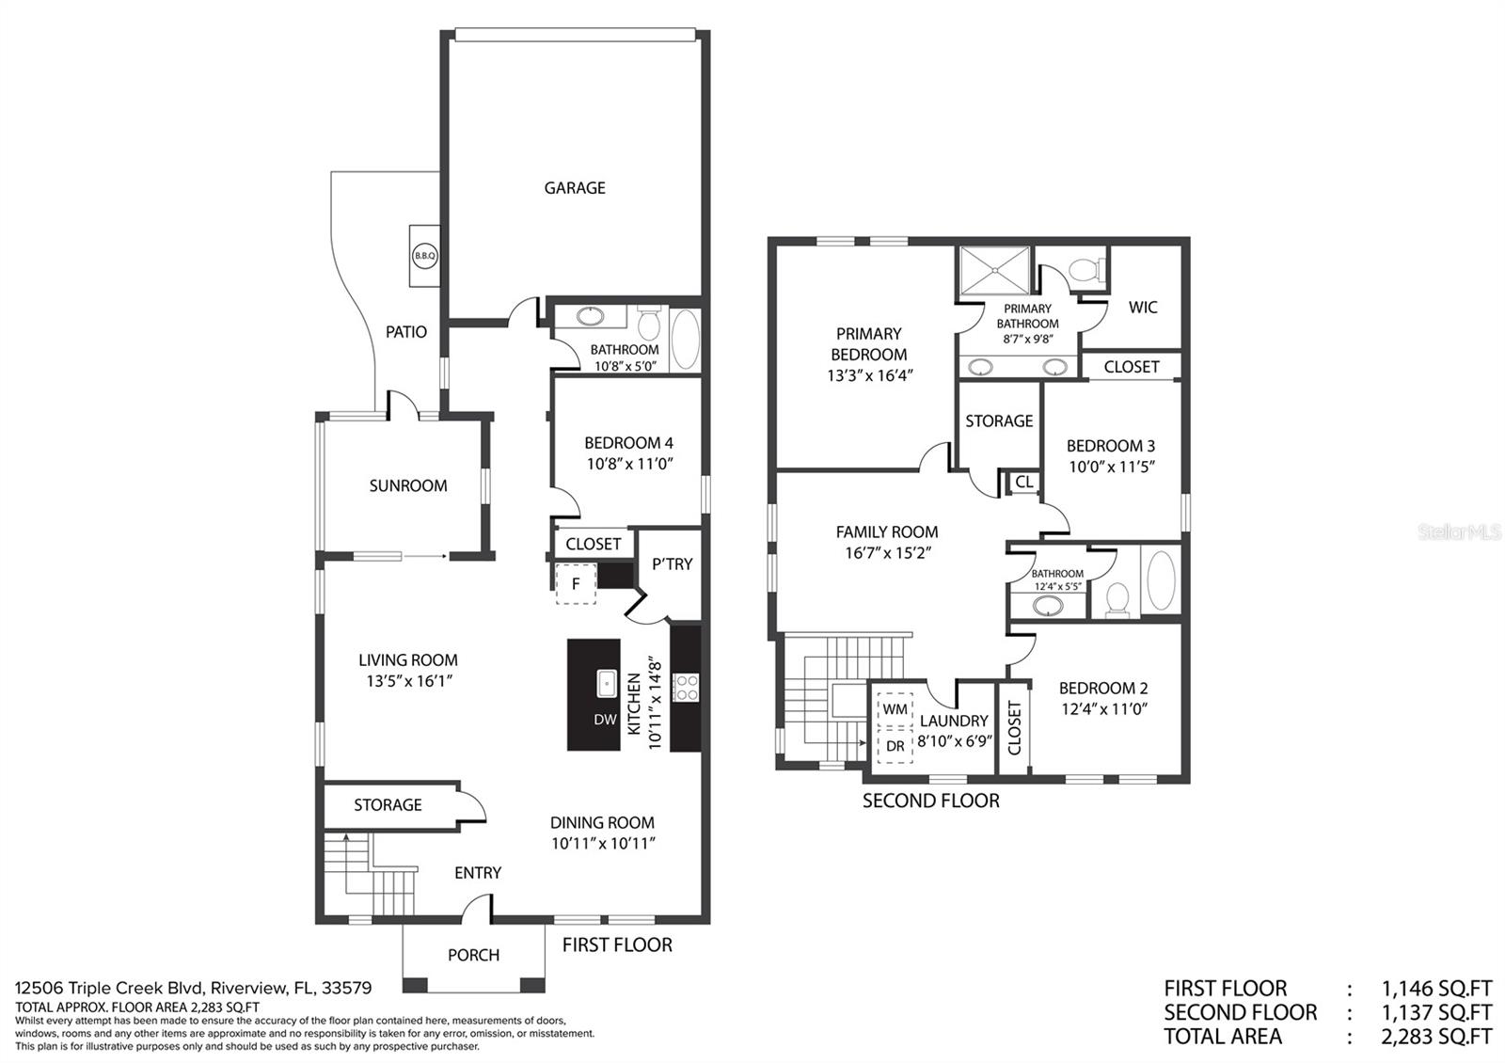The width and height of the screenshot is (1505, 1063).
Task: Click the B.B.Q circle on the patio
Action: tap(424, 255)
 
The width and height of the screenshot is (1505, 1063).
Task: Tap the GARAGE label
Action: tap(575, 188)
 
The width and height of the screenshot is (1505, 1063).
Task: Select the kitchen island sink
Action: tap(607, 683)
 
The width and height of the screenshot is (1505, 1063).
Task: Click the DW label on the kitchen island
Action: tap(606, 720)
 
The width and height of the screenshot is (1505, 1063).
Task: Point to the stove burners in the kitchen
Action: tap(686, 688)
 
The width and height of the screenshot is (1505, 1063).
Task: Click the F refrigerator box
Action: tap(576, 584)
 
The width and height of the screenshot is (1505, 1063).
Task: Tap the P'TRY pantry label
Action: tap(672, 563)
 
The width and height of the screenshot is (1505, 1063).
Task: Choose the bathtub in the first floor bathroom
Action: tap(686, 340)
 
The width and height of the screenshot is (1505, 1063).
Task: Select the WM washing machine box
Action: tap(895, 709)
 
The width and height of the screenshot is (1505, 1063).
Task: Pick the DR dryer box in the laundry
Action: tap(895, 746)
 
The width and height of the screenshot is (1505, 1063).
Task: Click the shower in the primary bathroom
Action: tap(994, 270)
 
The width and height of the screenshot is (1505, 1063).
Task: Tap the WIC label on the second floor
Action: tap(1143, 307)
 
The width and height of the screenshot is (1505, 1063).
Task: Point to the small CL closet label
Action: tap(1024, 482)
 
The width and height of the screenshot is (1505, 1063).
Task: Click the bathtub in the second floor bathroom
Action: tap(1161, 579)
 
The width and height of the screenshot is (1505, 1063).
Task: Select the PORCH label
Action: tap(474, 955)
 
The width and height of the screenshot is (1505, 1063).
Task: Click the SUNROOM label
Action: tap(408, 485)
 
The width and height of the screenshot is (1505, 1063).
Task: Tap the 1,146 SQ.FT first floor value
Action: tap(1436, 989)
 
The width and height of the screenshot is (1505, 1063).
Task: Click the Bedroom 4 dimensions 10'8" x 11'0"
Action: tap(629, 465)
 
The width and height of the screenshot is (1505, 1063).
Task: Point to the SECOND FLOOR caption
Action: tap(930, 801)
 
